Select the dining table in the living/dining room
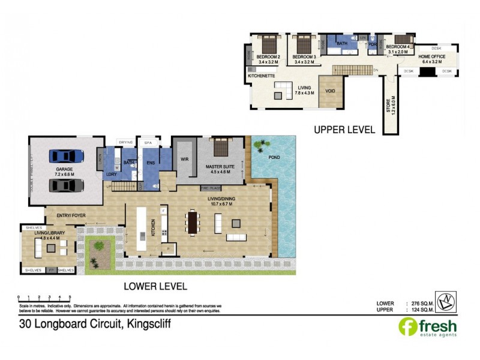tap(193, 223)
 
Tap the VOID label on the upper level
tap(330, 91)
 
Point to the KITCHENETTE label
tap(261, 77)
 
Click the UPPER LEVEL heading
tap(345, 130)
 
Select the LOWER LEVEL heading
tap(155, 286)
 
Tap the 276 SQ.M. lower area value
tap(421, 303)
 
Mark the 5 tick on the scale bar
tap(70, 297)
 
